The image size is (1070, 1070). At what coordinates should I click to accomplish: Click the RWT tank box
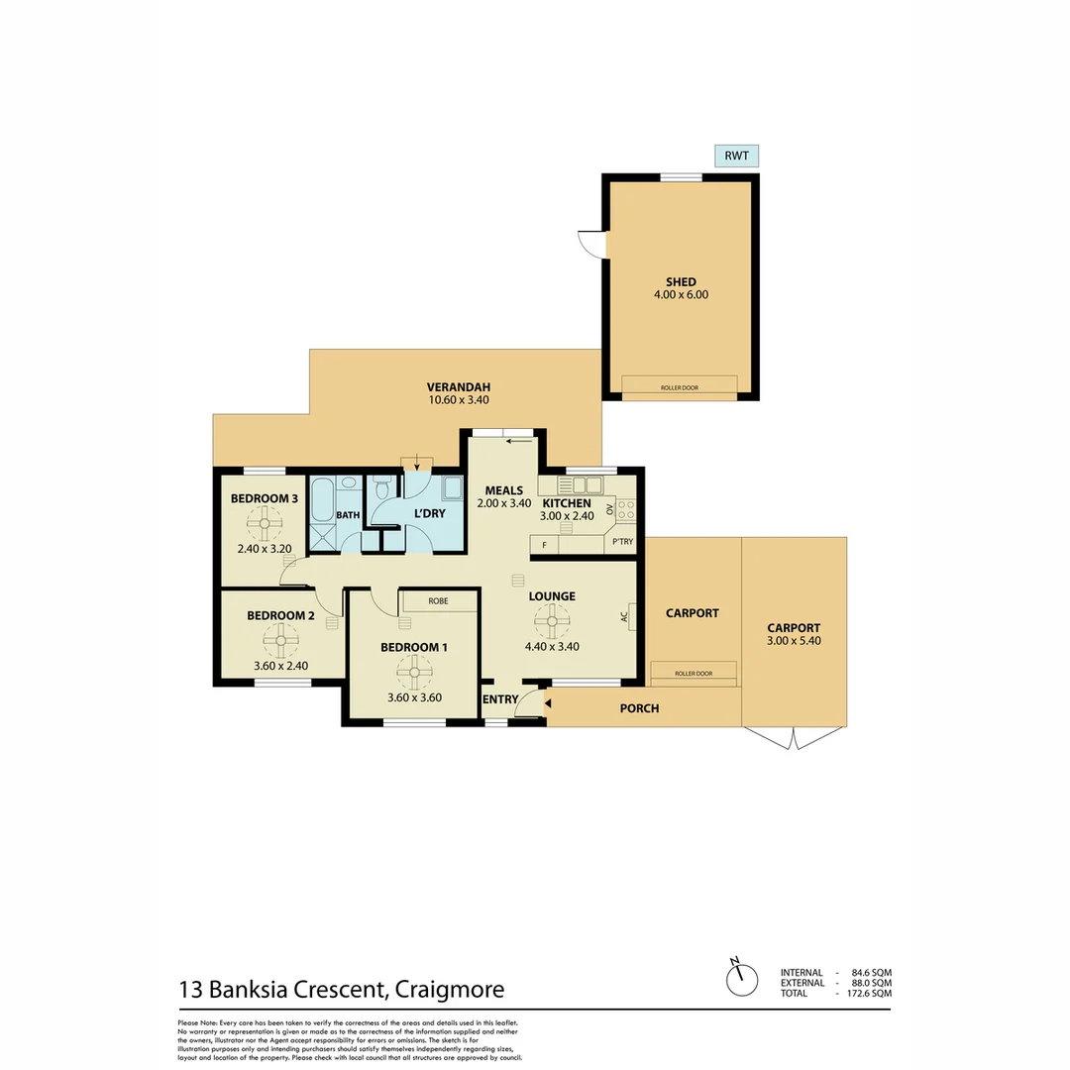pos(737,156)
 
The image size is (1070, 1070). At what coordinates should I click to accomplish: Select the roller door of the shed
pos(680,385)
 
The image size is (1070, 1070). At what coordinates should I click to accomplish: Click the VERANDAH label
pos(458,387)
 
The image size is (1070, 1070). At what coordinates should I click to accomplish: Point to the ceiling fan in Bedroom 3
pos(265,521)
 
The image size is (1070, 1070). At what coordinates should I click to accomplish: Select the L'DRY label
pos(429,514)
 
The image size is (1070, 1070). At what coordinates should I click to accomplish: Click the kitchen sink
pos(579,484)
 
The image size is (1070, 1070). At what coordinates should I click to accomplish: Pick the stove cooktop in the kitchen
pos(625,510)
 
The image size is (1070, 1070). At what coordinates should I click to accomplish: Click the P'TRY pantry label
pos(623,543)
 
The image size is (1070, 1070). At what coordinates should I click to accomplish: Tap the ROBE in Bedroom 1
pos(438,600)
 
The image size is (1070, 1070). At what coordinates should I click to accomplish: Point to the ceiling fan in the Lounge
pos(552,622)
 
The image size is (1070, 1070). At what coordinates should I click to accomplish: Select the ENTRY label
pos(500,699)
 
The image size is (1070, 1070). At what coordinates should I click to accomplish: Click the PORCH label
pos(639,708)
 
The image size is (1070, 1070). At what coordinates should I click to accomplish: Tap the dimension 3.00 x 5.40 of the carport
pos(794,641)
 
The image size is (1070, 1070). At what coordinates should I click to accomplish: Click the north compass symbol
pos(737,979)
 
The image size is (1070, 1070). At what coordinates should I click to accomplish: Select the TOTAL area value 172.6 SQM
pos(865,993)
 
